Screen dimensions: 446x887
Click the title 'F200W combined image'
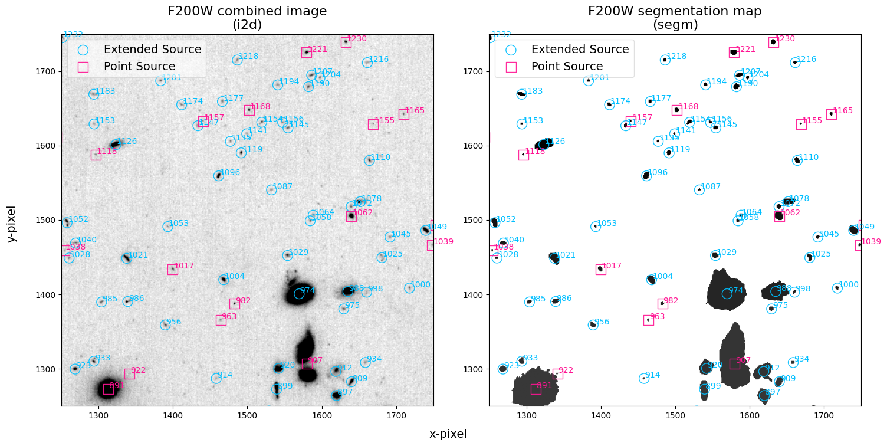click(x=247, y=11)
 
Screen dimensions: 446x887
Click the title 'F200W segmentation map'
click(x=675, y=11)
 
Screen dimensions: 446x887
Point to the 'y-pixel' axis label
click(x=11, y=224)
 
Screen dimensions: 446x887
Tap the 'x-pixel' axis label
click(x=448, y=434)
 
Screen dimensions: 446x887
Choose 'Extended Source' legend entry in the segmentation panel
click(x=580, y=50)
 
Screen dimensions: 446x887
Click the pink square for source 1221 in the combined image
click(x=307, y=53)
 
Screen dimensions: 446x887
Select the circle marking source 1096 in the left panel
click(x=219, y=176)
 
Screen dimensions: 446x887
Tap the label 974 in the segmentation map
click(x=735, y=291)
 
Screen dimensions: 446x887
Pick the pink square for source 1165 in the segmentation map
click(x=832, y=114)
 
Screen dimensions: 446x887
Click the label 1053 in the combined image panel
click(x=179, y=224)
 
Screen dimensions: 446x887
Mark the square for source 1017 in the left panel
click(x=173, y=270)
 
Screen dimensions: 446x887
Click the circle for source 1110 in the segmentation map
click(x=797, y=160)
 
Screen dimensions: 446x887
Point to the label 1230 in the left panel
click(x=357, y=39)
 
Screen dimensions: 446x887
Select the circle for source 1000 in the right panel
click(x=837, y=288)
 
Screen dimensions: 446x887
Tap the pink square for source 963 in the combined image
click(x=221, y=320)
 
